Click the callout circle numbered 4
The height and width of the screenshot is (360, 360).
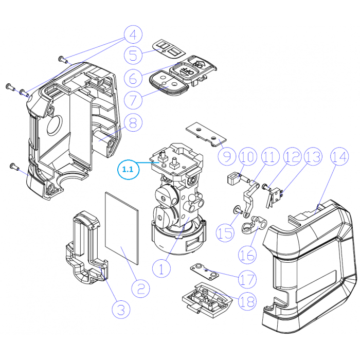pyautogui.click(x=132, y=35)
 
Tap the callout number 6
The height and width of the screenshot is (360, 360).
pyautogui.click(x=133, y=78)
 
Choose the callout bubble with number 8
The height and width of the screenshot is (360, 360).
pyautogui.click(x=133, y=122)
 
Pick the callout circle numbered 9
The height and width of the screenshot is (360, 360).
pyautogui.click(x=227, y=155)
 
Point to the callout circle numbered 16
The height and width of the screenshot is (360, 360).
pyautogui.click(x=247, y=254)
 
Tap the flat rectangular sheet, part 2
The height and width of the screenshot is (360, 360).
pyautogui.click(x=122, y=226)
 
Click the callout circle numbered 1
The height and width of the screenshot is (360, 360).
pyautogui.click(x=161, y=267)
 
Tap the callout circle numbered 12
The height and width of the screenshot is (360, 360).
pyautogui.click(x=292, y=157)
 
